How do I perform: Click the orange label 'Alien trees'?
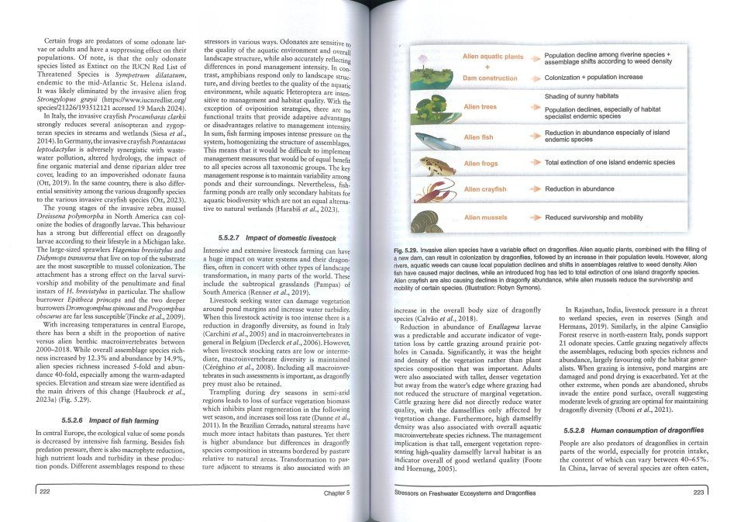[x=480, y=106]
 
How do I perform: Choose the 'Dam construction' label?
[x=490, y=78]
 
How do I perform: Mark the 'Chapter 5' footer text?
[x=335, y=493]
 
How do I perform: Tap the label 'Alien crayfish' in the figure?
[x=484, y=189]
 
